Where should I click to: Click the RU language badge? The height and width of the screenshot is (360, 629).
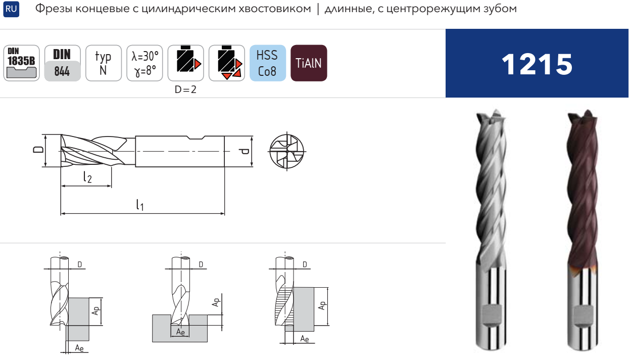(x=11, y=9)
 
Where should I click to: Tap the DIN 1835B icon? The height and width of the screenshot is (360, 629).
(x=21, y=63)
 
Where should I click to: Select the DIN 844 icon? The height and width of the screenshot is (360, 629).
(x=62, y=63)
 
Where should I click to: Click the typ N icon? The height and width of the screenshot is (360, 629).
(x=104, y=63)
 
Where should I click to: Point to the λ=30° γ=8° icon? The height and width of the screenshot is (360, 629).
(x=144, y=63)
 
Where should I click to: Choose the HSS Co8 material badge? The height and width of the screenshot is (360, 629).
(x=268, y=63)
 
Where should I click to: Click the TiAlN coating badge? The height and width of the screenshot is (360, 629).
(x=309, y=63)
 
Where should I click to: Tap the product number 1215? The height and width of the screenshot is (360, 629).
(x=537, y=65)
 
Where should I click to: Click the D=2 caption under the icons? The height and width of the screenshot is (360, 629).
(x=185, y=89)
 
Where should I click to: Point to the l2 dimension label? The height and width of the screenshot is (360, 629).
(x=87, y=177)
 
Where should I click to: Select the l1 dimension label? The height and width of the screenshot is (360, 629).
(x=140, y=205)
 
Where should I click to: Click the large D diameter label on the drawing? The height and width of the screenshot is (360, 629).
(x=38, y=149)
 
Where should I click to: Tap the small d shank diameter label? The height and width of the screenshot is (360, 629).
(x=245, y=152)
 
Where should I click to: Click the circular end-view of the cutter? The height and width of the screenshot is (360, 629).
(x=286, y=151)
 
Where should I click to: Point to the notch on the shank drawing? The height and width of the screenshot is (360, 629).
(x=196, y=138)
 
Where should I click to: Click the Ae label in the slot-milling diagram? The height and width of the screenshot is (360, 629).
(x=180, y=332)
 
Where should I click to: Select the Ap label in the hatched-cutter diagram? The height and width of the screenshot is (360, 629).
(x=322, y=305)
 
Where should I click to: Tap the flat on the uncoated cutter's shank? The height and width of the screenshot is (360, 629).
(x=492, y=316)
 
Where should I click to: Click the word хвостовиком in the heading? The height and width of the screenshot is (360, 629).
(x=275, y=9)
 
